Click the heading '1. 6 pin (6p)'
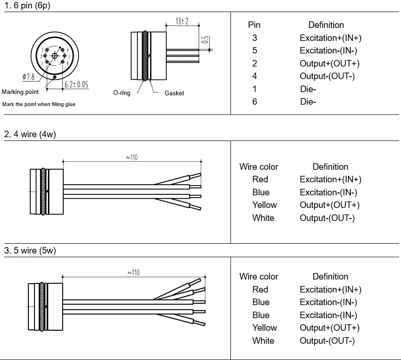tap(27, 6)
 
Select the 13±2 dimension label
tap(182, 21)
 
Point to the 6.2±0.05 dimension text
tap(76, 84)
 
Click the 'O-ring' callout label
tap(122, 93)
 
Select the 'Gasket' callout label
tap(174, 93)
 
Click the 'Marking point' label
tap(20, 92)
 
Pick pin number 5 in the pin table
tap(254, 51)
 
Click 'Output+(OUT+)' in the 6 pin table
tap(329, 64)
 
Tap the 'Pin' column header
tap(254, 25)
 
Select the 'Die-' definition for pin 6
tap(308, 101)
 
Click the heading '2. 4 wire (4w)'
tap(30, 134)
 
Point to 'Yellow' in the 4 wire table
tap(264, 205)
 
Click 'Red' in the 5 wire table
tap(260, 289)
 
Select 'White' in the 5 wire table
tap(263, 340)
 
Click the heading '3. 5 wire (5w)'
tap(30, 251)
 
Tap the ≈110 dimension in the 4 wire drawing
tap(132, 158)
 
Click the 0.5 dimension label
tap(205, 40)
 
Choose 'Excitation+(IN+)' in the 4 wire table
tap(330, 179)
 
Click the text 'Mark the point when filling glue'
tap(39, 104)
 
